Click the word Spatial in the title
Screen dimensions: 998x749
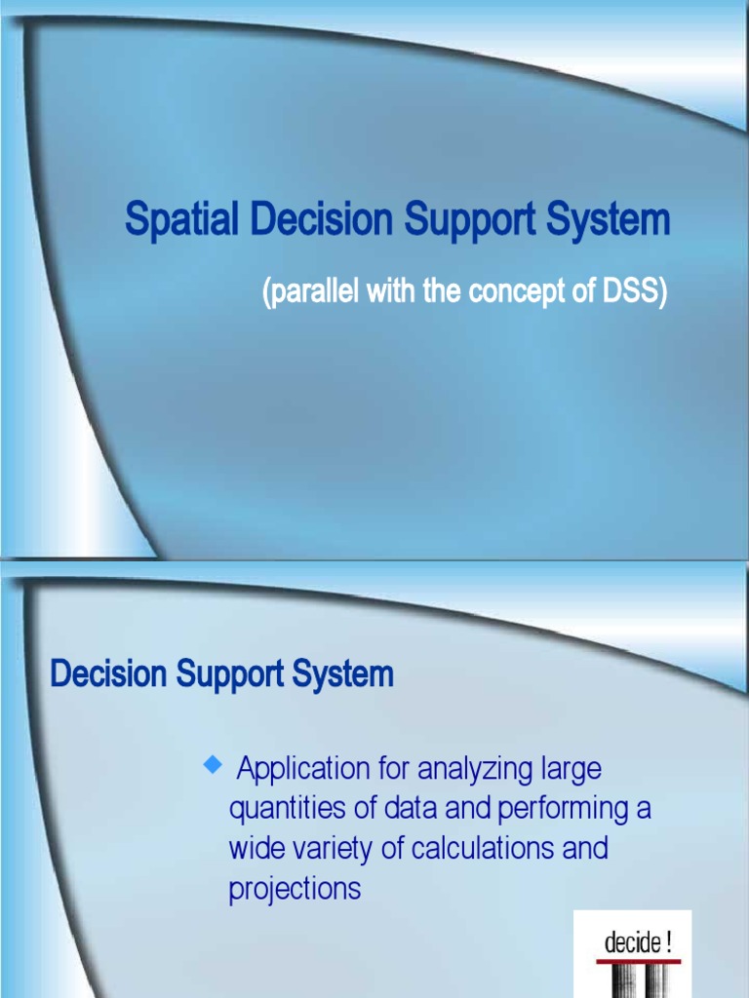point(182,220)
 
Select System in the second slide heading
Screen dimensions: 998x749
point(343,673)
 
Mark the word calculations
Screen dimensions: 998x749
point(483,848)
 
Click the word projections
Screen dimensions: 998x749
point(295,889)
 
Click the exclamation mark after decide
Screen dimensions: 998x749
point(668,941)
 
